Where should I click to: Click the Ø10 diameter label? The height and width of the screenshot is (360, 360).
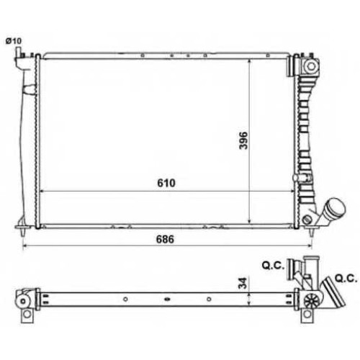coord(14,41)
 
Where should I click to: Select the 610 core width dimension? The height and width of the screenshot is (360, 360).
coord(166,183)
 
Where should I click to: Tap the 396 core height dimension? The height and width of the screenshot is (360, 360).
coord(243,140)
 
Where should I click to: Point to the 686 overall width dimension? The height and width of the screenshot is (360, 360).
coord(165,239)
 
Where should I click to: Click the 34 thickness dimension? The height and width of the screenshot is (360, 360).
coord(243,283)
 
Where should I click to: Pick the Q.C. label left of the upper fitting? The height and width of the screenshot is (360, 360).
coord(273,266)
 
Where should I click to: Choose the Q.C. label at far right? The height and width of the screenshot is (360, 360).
coord(346,279)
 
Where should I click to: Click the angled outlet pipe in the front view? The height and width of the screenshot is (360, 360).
coord(331,210)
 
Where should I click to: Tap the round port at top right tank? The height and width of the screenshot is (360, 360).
coord(311,66)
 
